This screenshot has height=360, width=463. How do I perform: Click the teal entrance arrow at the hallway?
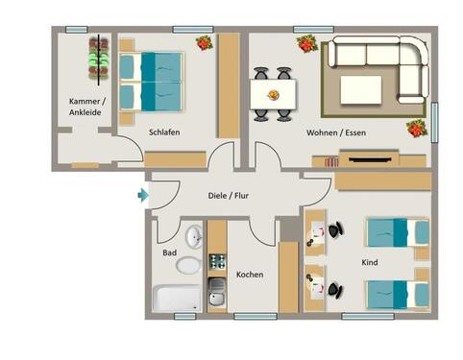click(x=143, y=196)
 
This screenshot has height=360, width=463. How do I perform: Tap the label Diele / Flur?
click(x=231, y=196)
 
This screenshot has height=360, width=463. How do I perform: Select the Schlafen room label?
click(x=164, y=132)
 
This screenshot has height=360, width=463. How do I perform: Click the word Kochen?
click(x=250, y=275)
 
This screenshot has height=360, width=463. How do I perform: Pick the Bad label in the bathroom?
click(x=169, y=253)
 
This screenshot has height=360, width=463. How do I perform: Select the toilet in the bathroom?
click(x=190, y=264)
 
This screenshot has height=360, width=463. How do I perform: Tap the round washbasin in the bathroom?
click(x=194, y=235)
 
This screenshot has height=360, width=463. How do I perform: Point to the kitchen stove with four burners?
click(x=217, y=261)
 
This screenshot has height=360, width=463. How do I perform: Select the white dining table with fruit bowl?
click(x=273, y=94)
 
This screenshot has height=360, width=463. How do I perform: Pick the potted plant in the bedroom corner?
click(x=204, y=43)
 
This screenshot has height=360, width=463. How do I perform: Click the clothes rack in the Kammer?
click(x=98, y=60)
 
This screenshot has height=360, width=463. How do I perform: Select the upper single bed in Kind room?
click(x=397, y=232)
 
